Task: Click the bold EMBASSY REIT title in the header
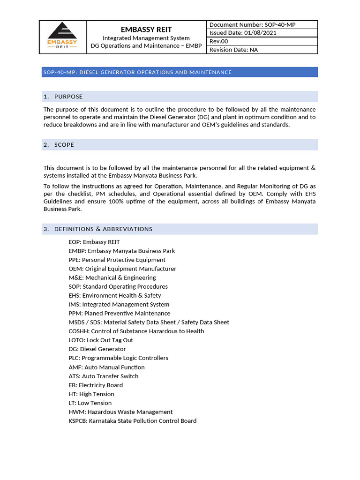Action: pyautogui.click(x=146, y=29)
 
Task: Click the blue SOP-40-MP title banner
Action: pyautogui.click(x=180, y=72)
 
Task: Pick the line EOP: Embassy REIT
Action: pyautogui.click(x=94, y=242)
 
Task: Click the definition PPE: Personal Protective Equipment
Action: pyautogui.click(x=117, y=260)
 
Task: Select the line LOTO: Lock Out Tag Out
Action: pyautogui.click(x=100, y=340)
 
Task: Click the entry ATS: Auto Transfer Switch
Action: pyautogui.click(x=103, y=376)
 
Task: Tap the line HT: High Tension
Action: pyautogui.click(x=91, y=394)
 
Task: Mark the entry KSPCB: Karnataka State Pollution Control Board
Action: pyautogui.click(x=132, y=420)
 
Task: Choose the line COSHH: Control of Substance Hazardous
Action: pyautogui.click(x=136, y=331)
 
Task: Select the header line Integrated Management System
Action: pyautogui.click(x=146, y=38)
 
